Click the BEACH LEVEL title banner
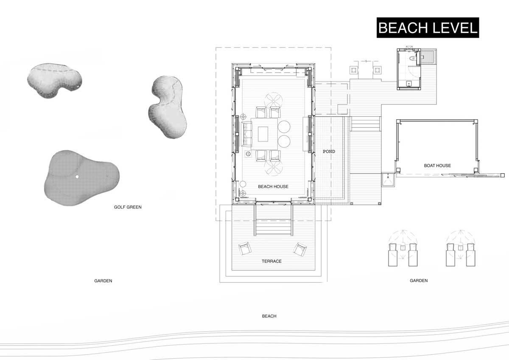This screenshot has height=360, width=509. [x=428, y=28]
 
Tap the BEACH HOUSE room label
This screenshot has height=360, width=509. [x=273, y=186]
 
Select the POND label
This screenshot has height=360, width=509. [x=329, y=151]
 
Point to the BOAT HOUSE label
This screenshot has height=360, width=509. [x=437, y=166]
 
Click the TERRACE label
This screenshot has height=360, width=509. [x=271, y=261]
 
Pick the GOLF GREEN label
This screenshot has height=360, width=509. [x=128, y=207]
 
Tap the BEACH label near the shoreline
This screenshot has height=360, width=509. [x=269, y=316]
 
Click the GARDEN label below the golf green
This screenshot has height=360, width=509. [x=103, y=281]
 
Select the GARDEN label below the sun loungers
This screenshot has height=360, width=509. [x=419, y=281]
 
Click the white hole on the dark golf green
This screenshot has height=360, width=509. [x=77, y=177]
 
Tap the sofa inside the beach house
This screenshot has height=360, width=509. [x=246, y=134]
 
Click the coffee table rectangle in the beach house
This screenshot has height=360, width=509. [x=263, y=134]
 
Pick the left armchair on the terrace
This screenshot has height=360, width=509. [x=245, y=249]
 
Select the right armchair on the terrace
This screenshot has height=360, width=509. [x=300, y=249]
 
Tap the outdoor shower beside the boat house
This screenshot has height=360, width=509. [x=388, y=180]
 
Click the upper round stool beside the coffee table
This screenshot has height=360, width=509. [x=284, y=127]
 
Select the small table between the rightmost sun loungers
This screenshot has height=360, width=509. [x=461, y=248]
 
